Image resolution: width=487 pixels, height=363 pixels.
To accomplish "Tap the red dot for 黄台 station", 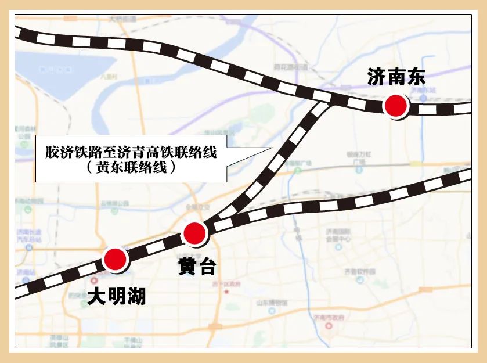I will pos(194,233).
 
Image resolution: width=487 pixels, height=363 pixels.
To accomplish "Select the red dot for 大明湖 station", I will pos(114,260).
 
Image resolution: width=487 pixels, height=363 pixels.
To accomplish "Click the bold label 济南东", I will pos(396,77).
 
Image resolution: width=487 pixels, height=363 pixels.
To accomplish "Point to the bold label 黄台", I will pos(197,267).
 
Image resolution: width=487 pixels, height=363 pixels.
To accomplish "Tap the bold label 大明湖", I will pos(116,297).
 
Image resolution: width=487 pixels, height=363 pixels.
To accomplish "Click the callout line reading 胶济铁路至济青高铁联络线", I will pos(131,153).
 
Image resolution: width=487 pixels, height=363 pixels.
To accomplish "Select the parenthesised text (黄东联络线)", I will pos(131,168).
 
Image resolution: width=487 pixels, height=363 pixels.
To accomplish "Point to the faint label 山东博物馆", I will pos(271,301).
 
